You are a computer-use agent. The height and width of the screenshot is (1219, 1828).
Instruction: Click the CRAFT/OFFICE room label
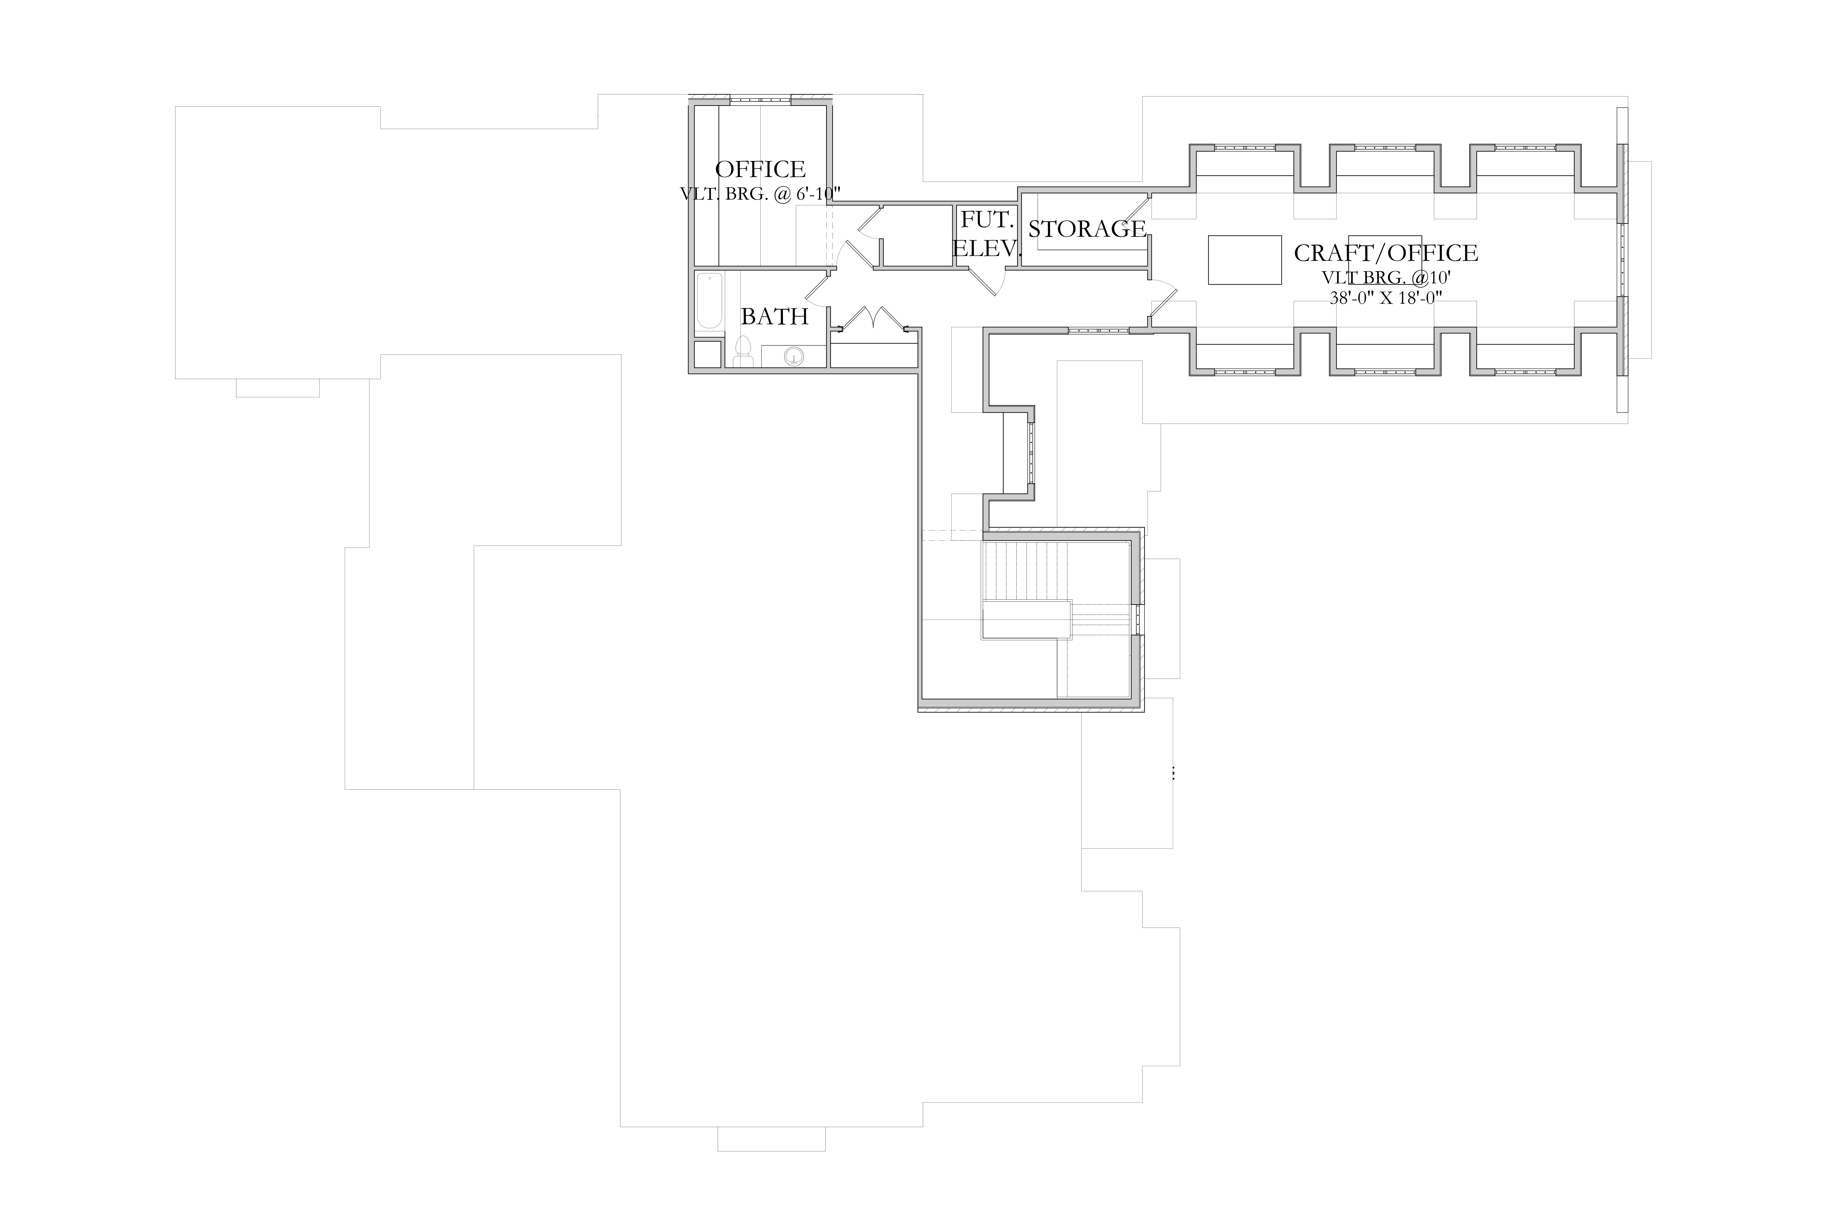coord(1386,253)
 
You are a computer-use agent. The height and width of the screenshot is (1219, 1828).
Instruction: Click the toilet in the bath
coord(743,352)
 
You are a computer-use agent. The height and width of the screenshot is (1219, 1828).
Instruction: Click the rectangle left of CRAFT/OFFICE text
coord(1244,260)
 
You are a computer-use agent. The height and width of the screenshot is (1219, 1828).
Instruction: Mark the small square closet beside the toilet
coord(707,355)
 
